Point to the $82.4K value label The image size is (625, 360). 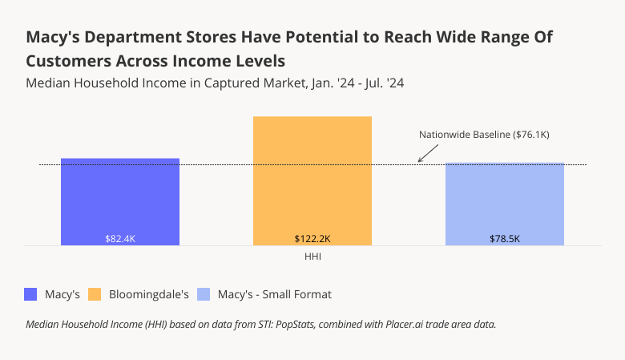click(x=120, y=239)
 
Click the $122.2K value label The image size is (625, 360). click(x=312, y=239)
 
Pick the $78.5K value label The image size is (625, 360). click(x=505, y=239)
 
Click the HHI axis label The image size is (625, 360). click(x=312, y=257)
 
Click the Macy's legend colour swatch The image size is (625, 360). click(x=31, y=294)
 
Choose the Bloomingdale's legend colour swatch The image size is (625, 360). click(x=94, y=294)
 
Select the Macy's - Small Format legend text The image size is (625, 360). click(x=274, y=294)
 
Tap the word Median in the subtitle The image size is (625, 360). click(x=49, y=83)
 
